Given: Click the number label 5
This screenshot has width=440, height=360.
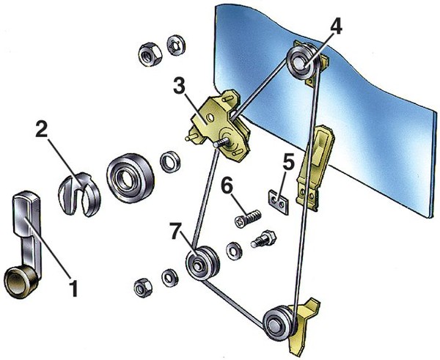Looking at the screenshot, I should pyautogui.click(x=288, y=159).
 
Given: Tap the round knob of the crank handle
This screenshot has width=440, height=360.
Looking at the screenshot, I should pyautogui.click(x=18, y=281).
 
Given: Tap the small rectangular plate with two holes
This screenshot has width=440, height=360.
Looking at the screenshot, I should pyautogui.click(x=277, y=199).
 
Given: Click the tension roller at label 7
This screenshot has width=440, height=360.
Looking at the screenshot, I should pyautogui.click(x=200, y=265).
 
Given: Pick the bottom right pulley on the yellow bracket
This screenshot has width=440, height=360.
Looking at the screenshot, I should pyautogui.click(x=280, y=321).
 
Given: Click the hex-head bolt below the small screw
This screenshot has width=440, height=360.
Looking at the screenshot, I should pyautogui.click(x=265, y=240).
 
